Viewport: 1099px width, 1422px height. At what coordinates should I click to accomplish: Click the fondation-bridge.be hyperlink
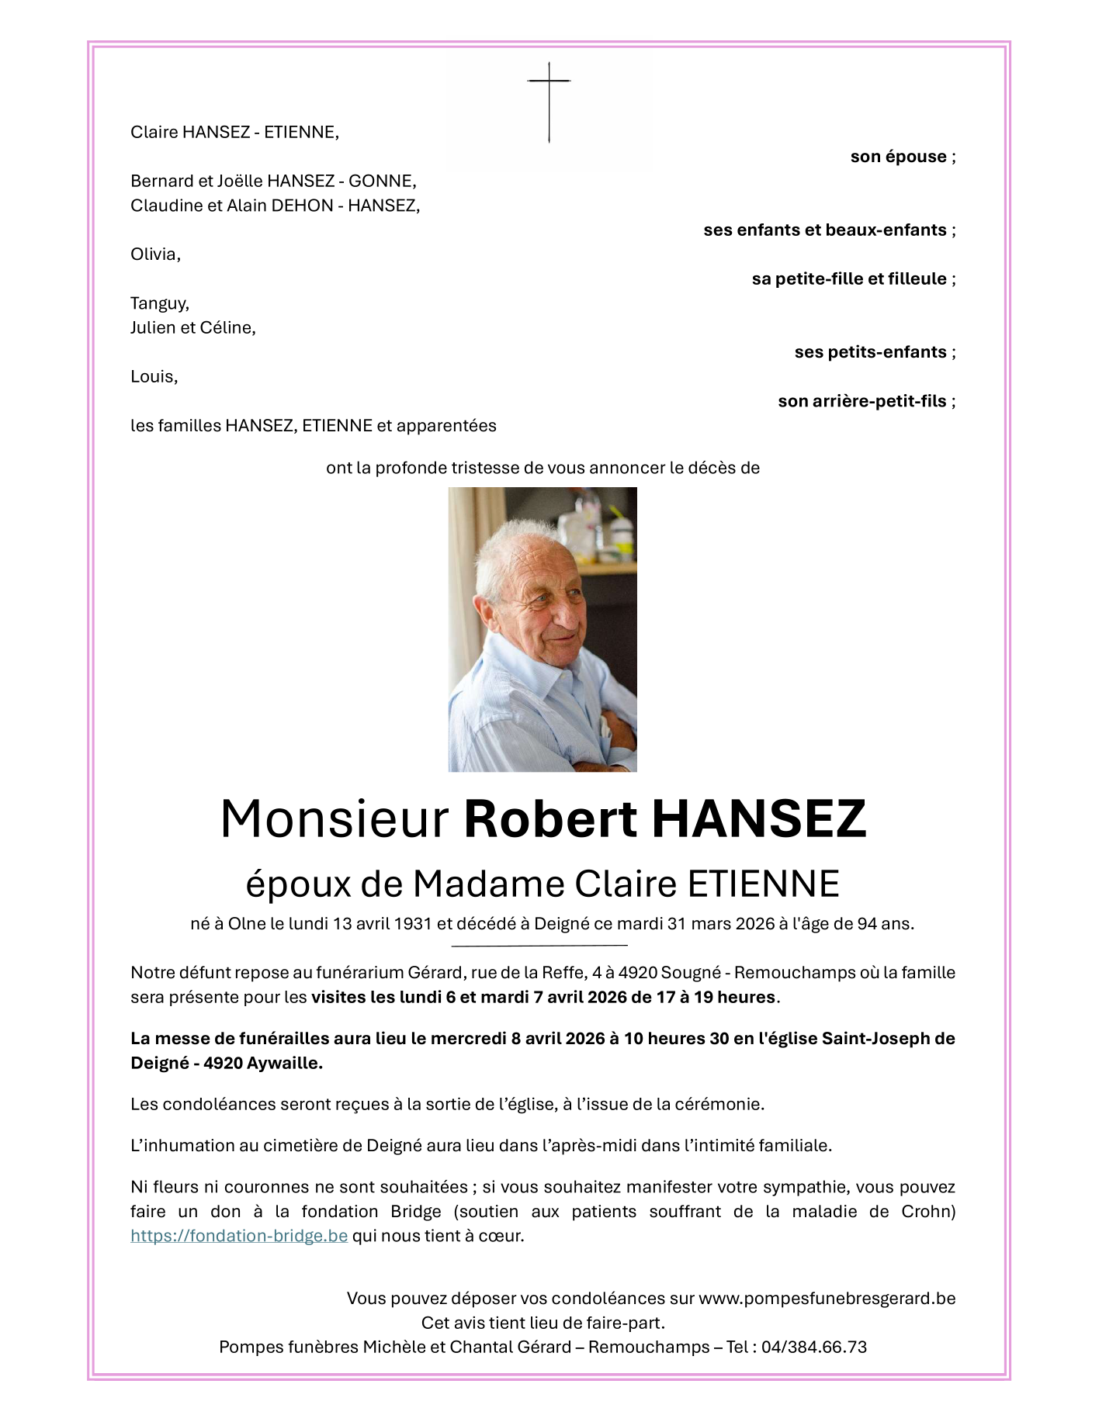239,1236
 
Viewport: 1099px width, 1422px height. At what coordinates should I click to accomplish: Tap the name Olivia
154,254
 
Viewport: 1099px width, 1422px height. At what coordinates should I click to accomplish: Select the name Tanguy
159,303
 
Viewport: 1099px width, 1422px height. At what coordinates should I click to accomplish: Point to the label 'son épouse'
899,157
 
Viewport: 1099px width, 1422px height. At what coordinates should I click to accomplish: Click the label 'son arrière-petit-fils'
862,401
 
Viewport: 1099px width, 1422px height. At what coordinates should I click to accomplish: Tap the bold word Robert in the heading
550,819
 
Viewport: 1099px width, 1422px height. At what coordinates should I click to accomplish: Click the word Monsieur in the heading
335,819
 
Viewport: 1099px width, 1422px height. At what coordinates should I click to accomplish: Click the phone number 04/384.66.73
813,1348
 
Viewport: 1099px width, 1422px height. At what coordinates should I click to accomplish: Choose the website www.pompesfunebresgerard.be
827,1299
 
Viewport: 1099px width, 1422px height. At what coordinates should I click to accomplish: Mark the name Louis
153,377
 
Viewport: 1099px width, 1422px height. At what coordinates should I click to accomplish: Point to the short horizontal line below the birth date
539,946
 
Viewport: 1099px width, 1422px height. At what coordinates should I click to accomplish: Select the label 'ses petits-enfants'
870,352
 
